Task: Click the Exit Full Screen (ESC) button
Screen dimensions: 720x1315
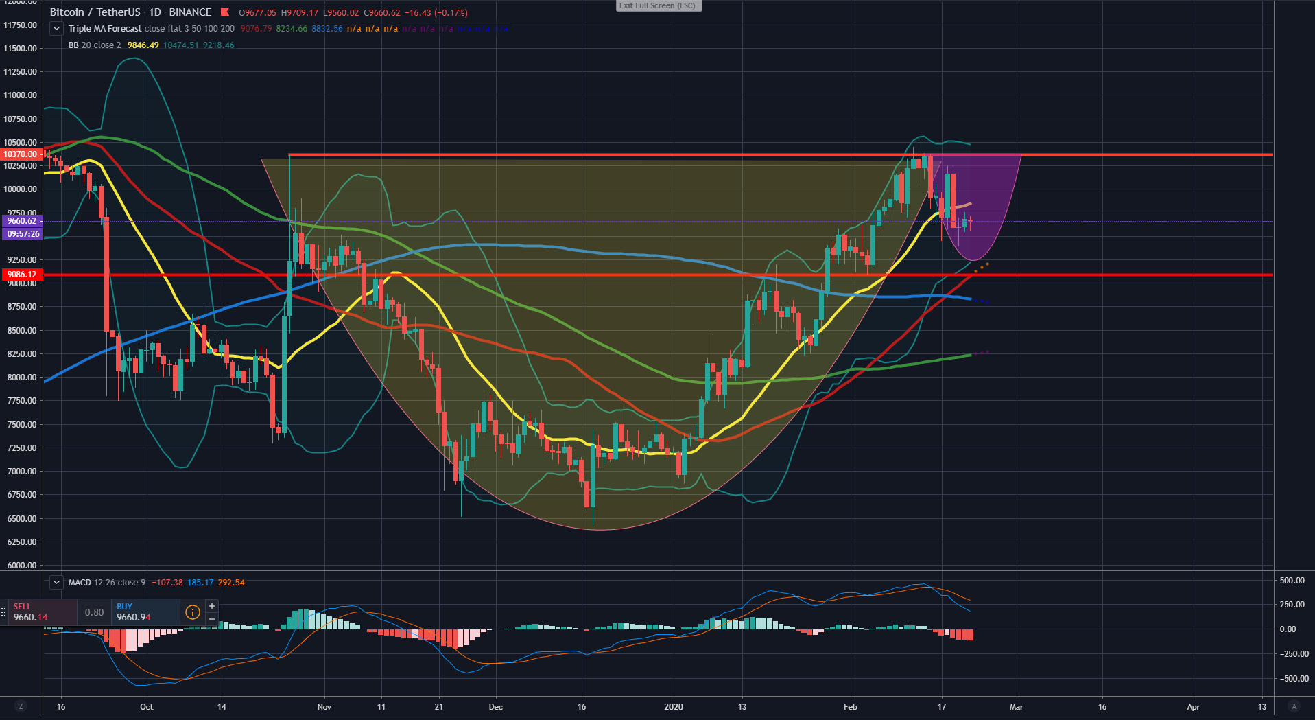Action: [658, 5]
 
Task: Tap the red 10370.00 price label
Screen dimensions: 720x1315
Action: [21, 154]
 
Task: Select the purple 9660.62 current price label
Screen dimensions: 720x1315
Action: [22, 221]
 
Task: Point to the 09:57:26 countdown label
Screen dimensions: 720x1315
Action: [23, 234]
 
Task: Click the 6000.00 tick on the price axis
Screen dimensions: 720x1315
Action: [21, 566]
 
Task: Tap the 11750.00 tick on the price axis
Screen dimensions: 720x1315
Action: [21, 25]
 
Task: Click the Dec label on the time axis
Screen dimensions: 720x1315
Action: [495, 707]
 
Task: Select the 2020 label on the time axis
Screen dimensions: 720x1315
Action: [674, 707]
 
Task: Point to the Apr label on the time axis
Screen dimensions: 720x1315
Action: [1194, 707]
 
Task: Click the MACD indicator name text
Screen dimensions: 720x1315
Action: [80, 583]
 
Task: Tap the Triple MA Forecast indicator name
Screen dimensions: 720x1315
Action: [105, 29]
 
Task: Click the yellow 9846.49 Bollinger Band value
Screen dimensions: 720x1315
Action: [143, 45]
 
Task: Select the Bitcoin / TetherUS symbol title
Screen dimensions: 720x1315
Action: [95, 12]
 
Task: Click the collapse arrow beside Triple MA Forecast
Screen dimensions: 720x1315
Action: [56, 29]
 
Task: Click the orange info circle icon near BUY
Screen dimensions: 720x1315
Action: [193, 612]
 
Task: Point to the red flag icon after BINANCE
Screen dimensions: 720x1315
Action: [225, 12]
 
